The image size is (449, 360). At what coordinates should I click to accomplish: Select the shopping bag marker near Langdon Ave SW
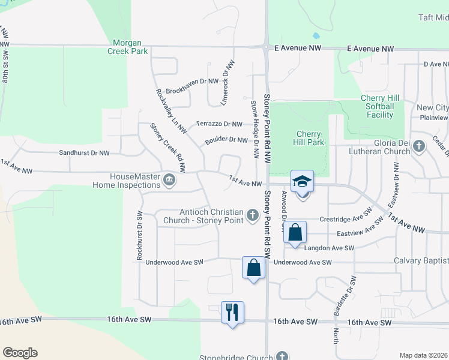(295, 232)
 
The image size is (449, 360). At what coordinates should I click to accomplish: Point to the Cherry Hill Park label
(309, 138)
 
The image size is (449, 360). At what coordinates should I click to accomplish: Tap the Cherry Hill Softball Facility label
(377, 106)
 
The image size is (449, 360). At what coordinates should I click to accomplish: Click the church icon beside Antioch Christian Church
(253, 214)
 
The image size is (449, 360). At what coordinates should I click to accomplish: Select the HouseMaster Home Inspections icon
(169, 178)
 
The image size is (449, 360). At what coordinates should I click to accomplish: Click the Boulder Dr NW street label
(226, 140)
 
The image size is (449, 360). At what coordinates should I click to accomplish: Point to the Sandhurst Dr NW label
(84, 153)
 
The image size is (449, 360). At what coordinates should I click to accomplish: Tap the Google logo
(20, 353)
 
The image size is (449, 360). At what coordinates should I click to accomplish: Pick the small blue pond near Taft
(316, 35)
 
